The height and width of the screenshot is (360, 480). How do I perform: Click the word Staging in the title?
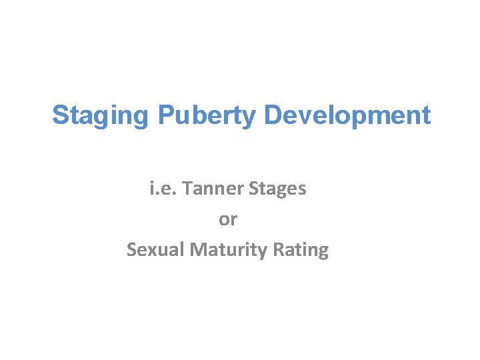pyautogui.click(x=101, y=115)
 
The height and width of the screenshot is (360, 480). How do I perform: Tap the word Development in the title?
pyautogui.click(x=347, y=115)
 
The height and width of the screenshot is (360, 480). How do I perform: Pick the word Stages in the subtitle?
pyautogui.click(x=276, y=189)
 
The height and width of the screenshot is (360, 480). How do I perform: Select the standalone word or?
pyautogui.click(x=228, y=219)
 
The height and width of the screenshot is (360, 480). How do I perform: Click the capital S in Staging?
pyautogui.click(x=60, y=115)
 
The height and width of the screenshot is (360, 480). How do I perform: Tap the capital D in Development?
pyautogui.click(x=273, y=115)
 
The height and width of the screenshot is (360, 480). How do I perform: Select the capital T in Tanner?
pyautogui.click(x=186, y=189)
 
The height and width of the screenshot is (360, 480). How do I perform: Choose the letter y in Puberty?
pyautogui.click(x=249, y=117)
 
